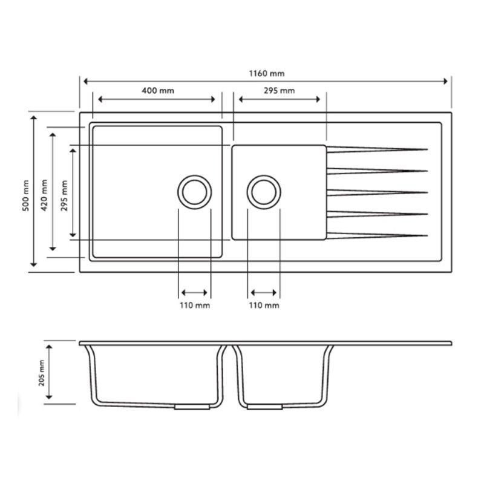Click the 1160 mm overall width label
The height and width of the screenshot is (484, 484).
tap(267, 73)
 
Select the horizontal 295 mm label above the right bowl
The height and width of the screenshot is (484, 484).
tap(279, 91)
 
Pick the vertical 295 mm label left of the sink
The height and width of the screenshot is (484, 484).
tap(64, 192)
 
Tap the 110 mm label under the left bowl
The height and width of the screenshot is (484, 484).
tap(194, 306)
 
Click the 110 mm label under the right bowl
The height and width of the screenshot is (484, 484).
tap(264, 306)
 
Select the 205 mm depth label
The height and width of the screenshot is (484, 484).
tap(42, 373)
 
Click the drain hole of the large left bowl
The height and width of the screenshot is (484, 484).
tap(194, 192)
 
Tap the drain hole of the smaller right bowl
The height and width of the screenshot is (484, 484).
tap(264, 192)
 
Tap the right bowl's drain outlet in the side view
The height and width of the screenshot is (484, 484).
tap(264, 408)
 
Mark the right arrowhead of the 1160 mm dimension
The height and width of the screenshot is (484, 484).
tap(448, 80)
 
